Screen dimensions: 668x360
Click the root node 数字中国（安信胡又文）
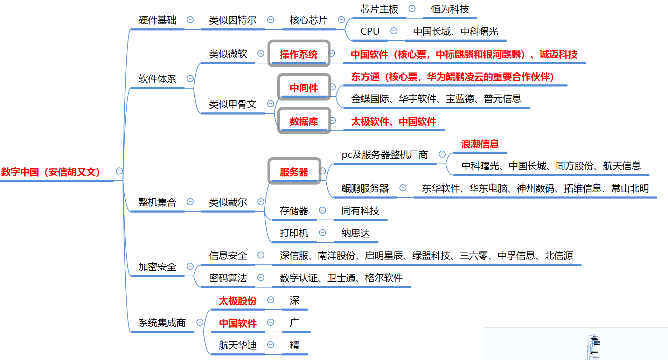[51, 172]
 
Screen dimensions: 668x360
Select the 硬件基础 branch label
[157, 20]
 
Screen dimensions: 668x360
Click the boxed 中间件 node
[304, 88]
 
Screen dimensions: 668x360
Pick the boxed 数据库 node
[304, 121]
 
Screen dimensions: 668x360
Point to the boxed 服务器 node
[294, 172]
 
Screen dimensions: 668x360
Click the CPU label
[370, 32]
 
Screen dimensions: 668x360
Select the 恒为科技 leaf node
[450, 9]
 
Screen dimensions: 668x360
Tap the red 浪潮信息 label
[480, 144]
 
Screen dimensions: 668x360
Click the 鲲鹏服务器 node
[365, 188]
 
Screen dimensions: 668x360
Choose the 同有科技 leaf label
[360, 211]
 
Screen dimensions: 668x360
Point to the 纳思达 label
[356, 233]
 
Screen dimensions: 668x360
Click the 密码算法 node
[228, 278]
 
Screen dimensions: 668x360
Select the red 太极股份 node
[238, 301]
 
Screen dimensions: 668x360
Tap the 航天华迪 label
[238, 345]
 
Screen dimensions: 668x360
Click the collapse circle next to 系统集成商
[200, 322]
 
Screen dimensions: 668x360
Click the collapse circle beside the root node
[119, 171]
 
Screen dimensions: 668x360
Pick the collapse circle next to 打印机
[322, 233]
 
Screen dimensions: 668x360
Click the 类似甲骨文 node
[233, 104]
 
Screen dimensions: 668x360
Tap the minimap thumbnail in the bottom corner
[575, 344]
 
